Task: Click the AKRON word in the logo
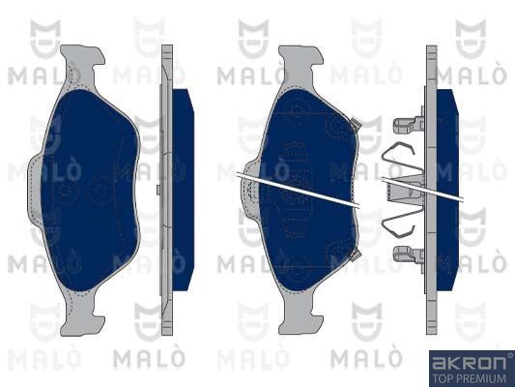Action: pyautogui.click(x=469, y=363)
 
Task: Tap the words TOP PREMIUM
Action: pyautogui.click(x=469, y=378)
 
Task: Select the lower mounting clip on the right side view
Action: pyautogui.click(x=409, y=255)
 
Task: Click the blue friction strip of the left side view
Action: pyautogui.click(x=183, y=190)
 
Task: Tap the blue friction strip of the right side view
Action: pyautogui.click(x=447, y=190)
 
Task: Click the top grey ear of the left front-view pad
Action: pyautogui.click(x=82, y=65)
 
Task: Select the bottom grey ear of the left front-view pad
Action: pyautogui.click(x=82, y=314)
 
